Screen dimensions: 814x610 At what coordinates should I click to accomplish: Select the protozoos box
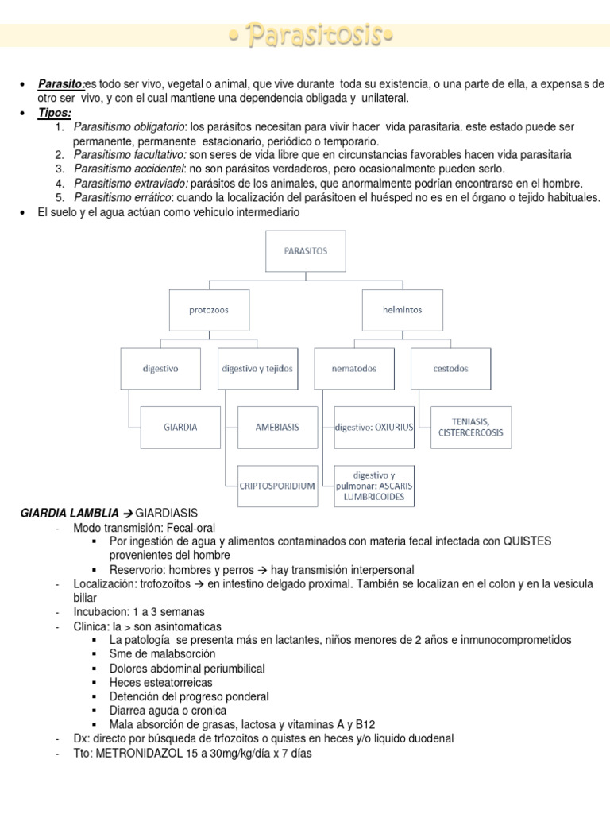209,309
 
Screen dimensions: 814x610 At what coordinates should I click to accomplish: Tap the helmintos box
401,309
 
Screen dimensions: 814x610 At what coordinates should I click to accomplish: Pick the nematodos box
353,368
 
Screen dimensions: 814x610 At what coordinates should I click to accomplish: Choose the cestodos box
450,368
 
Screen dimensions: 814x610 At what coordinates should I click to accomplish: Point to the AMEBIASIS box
278,427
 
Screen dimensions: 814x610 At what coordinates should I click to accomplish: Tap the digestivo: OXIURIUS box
375,427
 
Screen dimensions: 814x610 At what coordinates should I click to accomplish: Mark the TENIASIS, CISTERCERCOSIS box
471,427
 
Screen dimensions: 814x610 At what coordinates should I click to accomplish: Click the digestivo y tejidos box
257,368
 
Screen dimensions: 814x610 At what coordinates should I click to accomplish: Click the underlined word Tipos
54,113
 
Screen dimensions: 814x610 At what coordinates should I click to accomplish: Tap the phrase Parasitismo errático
123,197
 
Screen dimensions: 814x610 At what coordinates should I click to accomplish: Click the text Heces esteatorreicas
161,682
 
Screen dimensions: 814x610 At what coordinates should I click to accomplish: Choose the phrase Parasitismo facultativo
129,154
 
